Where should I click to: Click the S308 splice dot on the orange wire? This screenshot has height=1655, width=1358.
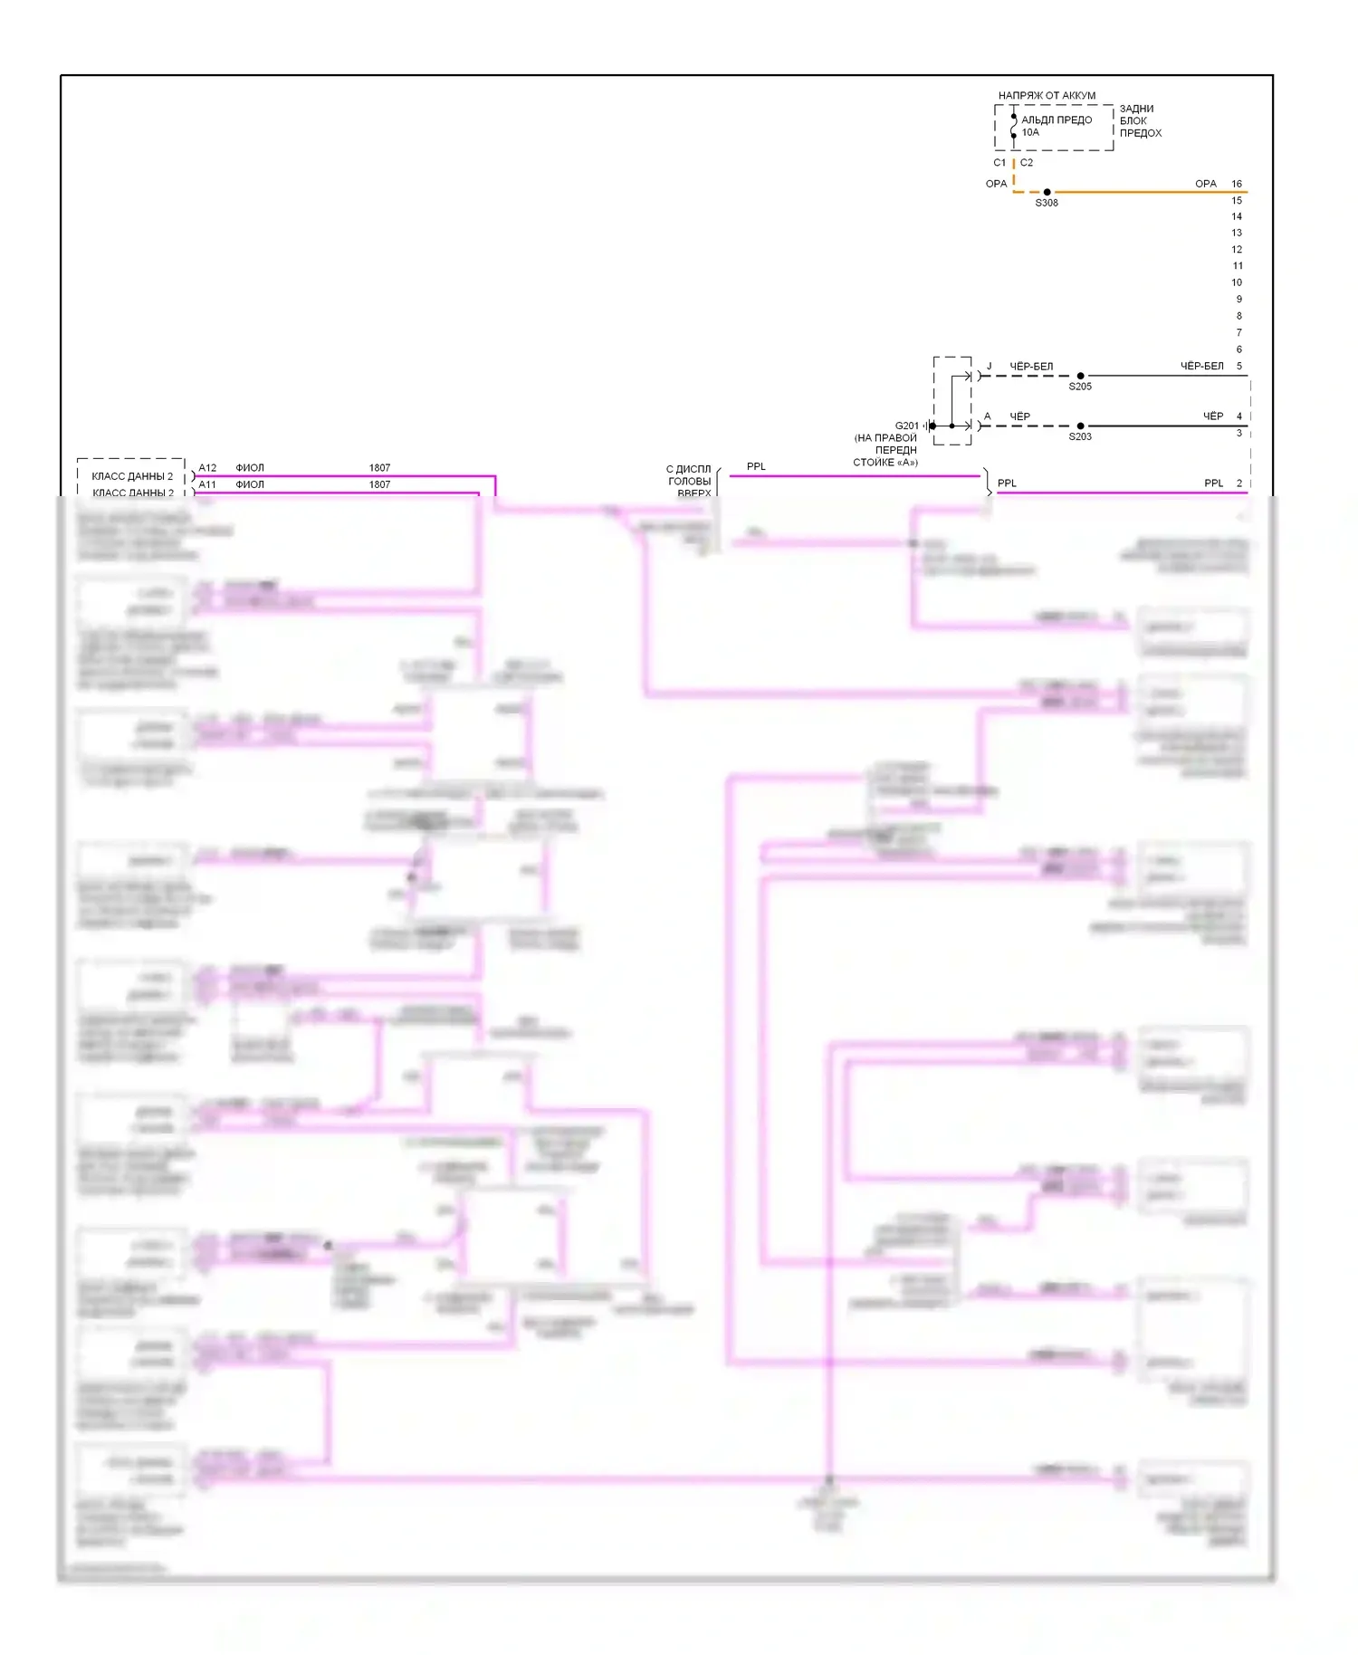point(1047,192)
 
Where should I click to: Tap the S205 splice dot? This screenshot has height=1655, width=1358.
point(1080,376)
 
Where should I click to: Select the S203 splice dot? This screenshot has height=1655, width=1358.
point(1080,426)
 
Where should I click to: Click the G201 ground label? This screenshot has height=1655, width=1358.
point(906,426)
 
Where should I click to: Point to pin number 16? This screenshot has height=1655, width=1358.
point(1237,184)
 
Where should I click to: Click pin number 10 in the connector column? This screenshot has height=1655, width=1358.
point(1237,282)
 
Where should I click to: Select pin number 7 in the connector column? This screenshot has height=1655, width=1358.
point(1239,332)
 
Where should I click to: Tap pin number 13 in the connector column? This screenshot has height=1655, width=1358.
point(1237,233)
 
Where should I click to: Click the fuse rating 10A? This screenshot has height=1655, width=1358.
point(1030,132)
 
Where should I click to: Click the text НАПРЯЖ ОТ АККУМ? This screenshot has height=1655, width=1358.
point(1047,95)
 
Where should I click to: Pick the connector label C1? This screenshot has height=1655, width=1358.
point(999,163)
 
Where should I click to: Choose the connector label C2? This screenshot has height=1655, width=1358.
point(1027,163)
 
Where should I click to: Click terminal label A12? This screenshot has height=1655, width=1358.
point(207,468)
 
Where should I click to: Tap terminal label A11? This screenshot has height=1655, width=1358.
point(207,484)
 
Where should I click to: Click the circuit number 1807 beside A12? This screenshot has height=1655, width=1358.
point(379,468)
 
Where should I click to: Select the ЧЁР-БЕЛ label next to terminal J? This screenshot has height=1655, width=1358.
point(1031,367)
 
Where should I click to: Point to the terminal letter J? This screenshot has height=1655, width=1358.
point(989,367)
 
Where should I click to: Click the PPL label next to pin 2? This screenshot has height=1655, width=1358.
point(1213,483)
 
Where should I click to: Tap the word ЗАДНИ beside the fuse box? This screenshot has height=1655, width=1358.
point(1136,109)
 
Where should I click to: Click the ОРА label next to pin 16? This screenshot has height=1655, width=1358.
point(1205,184)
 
